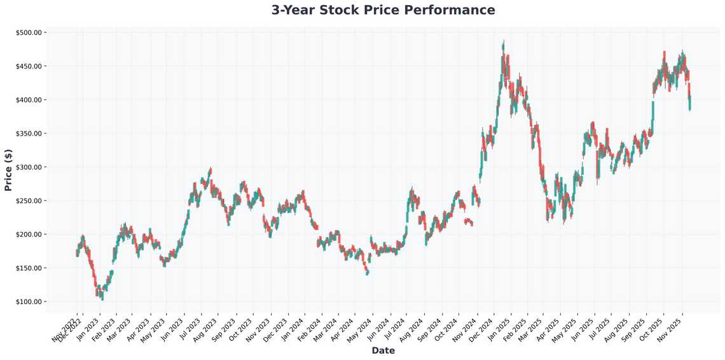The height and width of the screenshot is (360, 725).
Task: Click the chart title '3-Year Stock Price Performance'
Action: tap(383, 10)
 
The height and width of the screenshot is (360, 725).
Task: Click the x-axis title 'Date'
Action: tap(383, 350)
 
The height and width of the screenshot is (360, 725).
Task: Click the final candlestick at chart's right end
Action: tap(691, 103)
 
